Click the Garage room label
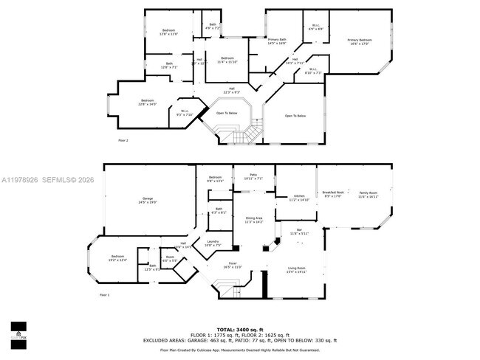pos(149,200)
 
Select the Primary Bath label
pos(278,41)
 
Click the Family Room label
pos(368,195)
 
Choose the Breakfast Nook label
pos(332,195)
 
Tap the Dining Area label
pos(253,219)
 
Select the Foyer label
pos(233,265)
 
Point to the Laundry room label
pos(213,243)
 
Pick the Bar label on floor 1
pos(299,232)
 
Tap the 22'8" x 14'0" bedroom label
pos(148,103)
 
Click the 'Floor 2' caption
pos(123,139)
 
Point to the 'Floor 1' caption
pos(104,294)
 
